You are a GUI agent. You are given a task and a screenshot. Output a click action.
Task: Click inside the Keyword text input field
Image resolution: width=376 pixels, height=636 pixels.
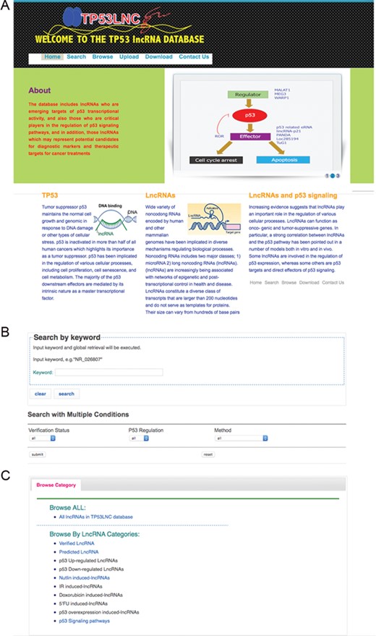click(x=108, y=372)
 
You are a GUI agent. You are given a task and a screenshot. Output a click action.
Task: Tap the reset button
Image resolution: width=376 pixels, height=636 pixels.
click(x=208, y=454)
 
